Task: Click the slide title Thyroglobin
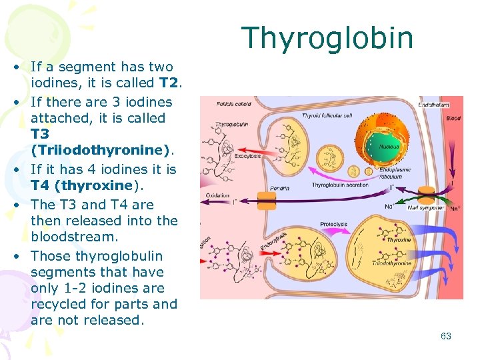(x=327, y=38)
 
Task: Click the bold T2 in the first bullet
(x=169, y=83)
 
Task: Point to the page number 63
(x=445, y=336)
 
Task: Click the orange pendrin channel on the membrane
(x=265, y=198)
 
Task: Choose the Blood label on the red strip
(x=453, y=118)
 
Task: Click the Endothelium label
(x=433, y=104)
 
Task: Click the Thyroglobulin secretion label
(x=339, y=185)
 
